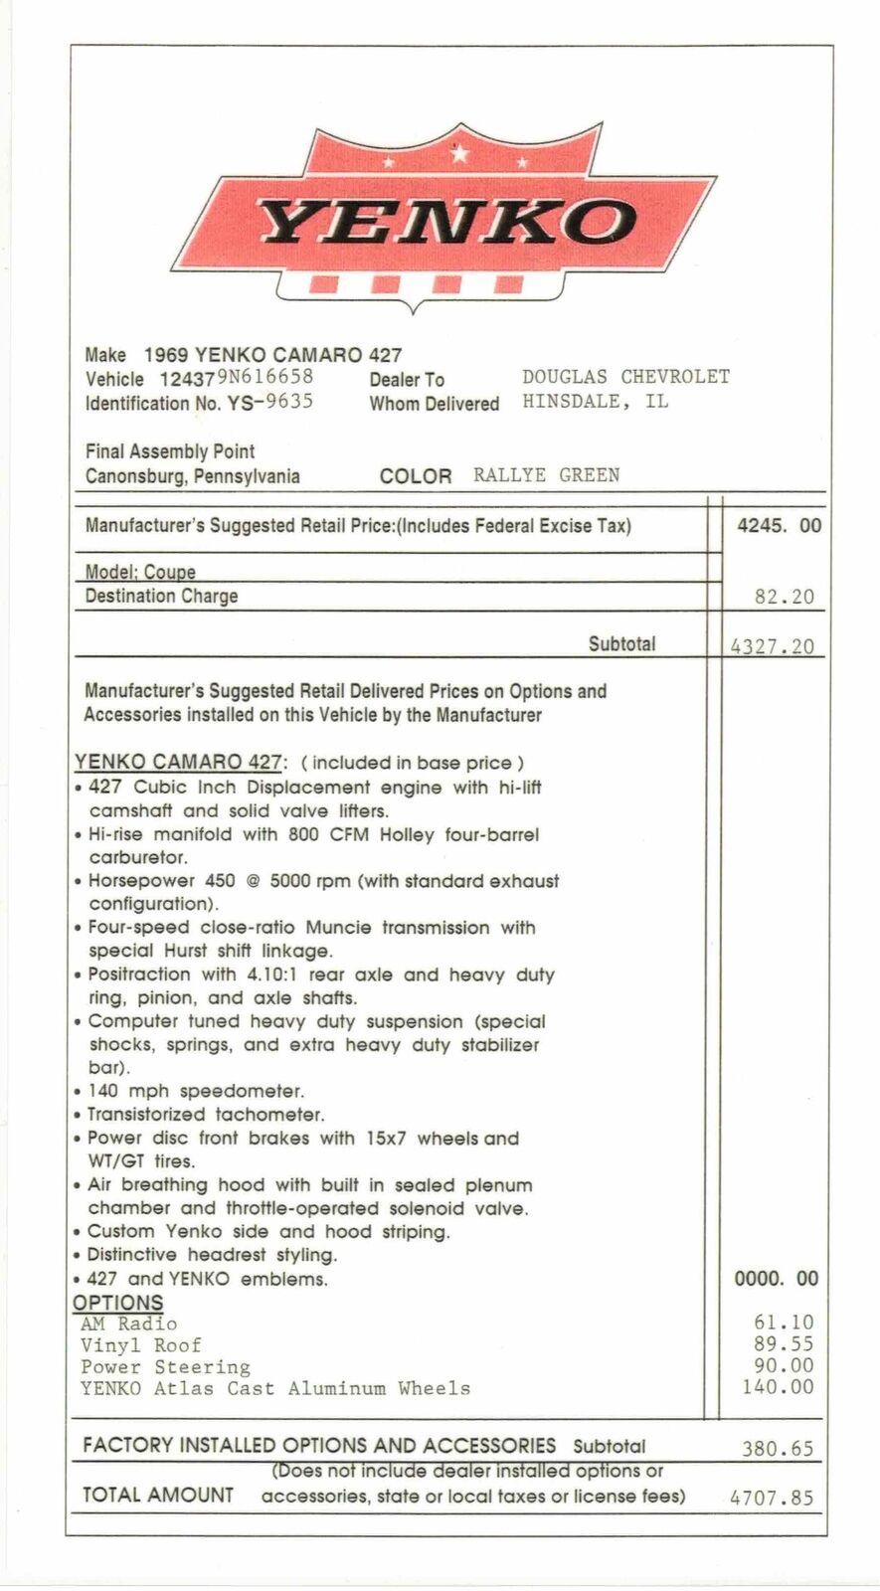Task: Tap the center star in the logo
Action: point(459,154)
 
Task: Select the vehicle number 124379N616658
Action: point(237,378)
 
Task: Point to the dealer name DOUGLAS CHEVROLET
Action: point(625,377)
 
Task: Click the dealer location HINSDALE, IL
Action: point(595,402)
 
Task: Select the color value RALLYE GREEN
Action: point(546,475)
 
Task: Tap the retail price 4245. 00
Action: point(779,526)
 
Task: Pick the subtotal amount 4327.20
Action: point(772,646)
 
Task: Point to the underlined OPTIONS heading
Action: point(117,1303)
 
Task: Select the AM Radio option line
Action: point(129,1324)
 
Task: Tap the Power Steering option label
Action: point(165,1367)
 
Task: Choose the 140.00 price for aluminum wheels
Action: point(778,1387)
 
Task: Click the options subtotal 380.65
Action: point(778,1449)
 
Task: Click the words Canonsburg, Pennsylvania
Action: point(192,475)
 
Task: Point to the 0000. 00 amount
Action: point(777,1279)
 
